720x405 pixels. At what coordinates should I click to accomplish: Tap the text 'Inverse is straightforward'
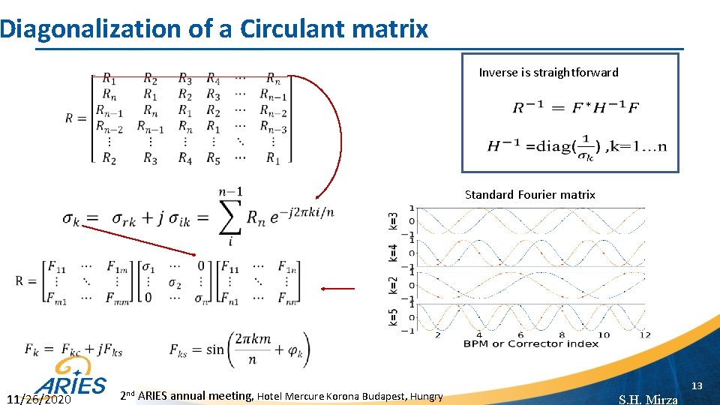point(548,73)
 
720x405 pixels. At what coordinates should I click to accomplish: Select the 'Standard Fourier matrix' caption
point(529,195)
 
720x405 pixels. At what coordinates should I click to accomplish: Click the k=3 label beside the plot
point(393,222)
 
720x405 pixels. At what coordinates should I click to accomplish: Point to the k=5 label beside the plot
point(393,317)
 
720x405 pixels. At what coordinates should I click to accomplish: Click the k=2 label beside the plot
point(393,285)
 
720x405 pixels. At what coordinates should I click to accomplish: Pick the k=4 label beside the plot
point(393,252)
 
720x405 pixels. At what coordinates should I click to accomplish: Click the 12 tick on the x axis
point(645,334)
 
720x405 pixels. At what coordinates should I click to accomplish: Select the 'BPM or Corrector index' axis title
point(530,343)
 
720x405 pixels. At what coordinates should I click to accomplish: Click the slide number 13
point(697,385)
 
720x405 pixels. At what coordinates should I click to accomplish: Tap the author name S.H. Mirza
point(648,399)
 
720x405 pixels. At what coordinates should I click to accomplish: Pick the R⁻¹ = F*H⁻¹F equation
point(576,108)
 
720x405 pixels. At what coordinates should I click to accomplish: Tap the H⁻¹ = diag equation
point(576,145)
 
